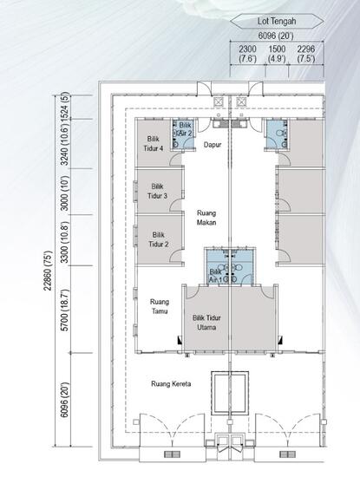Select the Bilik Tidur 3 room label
click(158, 191)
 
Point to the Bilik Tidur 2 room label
click(158, 239)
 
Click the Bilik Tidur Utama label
click(206, 323)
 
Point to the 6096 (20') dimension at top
click(276, 36)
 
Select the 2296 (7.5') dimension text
click(306, 55)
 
